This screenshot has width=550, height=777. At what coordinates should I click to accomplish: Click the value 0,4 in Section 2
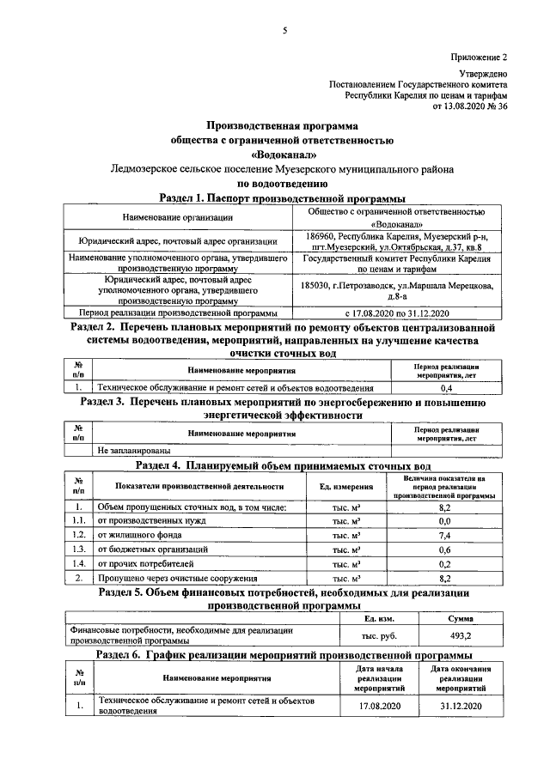pyautogui.click(x=445, y=388)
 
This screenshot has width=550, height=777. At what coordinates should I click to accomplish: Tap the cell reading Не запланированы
pyautogui.click(x=134, y=449)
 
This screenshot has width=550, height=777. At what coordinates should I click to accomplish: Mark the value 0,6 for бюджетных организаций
pyautogui.click(x=445, y=549)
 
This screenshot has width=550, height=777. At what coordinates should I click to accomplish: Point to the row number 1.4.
pyautogui.click(x=79, y=563)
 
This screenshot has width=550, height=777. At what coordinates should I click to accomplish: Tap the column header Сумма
pyautogui.click(x=460, y=618)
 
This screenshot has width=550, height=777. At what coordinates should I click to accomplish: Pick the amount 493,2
pyautogui.click(x=460, y=635)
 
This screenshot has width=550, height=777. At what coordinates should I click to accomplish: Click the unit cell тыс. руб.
pyautogui.click(x=376, y=635)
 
